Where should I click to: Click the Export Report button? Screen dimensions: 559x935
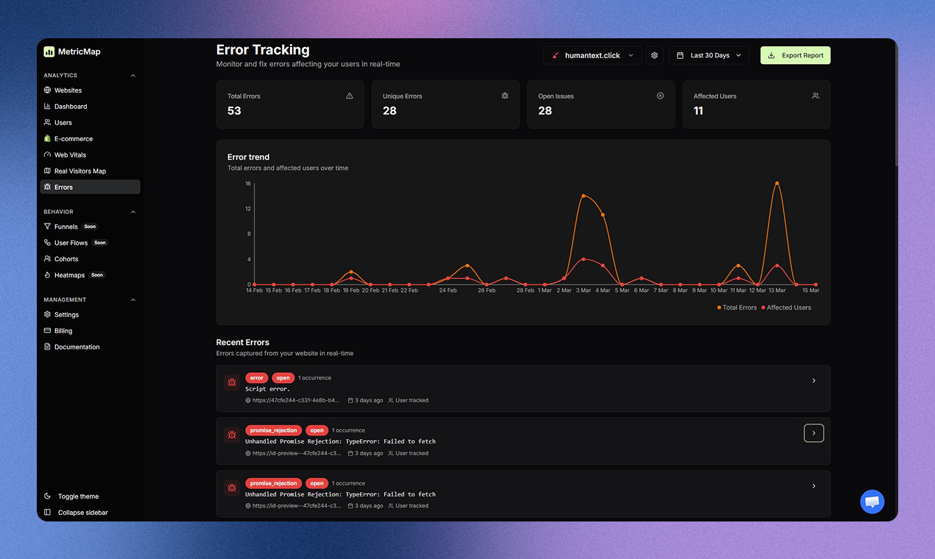pos(795,55)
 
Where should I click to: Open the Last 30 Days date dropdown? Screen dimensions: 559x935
pos(709,55)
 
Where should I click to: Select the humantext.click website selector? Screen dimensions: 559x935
pos(593,55)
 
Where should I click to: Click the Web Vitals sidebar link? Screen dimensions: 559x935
pos(70,155)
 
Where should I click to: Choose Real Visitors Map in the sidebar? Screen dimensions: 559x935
pos(80,171)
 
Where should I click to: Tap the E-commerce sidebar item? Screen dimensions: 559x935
pos(73,139)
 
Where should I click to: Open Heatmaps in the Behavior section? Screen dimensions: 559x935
pos(69,275)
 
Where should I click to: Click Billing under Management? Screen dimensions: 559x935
pos(63,331)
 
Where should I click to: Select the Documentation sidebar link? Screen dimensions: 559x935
pos(77,347)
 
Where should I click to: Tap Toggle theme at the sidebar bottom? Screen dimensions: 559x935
pos(77,496)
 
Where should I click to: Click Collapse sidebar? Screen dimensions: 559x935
pos(82,513)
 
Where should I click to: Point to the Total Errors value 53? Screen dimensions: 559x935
pos(234,111)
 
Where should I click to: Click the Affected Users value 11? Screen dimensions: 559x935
pos(698,111)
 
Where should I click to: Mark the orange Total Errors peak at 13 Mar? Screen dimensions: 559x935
pos(777,183)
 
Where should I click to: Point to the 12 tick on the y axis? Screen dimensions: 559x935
pos(248,209)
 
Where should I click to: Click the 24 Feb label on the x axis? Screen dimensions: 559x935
pos(448,291)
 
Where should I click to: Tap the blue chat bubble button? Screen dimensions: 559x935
pos(872,502)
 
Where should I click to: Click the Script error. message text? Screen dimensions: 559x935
pos(267,389)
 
